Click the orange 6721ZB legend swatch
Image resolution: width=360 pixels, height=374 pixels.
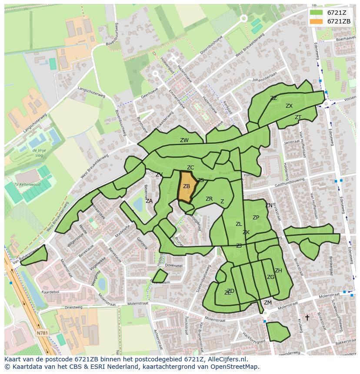pyautogui.click(x=317, y=21)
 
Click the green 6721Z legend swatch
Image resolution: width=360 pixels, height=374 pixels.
pyautogui.click(x=317, y=13)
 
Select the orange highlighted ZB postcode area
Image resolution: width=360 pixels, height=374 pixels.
pyautogui.click(x=187, y=187)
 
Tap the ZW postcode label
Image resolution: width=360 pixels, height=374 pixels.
pyautogui.click(x=184, y=140)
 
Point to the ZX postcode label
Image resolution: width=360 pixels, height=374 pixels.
pyautogui.click(x=289, y=106)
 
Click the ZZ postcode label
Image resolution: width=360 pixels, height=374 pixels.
pyautogui.click(x=273, y=98)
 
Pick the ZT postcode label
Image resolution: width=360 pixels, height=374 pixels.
pyautogui.click(x=298, y=117)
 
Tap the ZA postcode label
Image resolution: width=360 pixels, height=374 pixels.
pyautogui.click(x=149, y=201)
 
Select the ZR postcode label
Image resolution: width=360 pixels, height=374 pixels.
pyautogui.click(x=209, y=199)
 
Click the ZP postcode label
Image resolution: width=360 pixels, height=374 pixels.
pyautogui.click(x=256, y=218)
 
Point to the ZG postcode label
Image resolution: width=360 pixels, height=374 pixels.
pyautogui.click(x=270, y=277)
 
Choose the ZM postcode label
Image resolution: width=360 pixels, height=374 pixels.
pyautogui.click(x=268, y=303)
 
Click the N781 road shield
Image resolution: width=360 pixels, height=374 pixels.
pyautogui.click(x=42, y=333)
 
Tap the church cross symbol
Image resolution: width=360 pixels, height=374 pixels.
pyautogui.click(x=307, y=318)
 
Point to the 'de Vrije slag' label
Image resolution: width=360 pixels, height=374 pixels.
pyautogui.click(x=39, y=152)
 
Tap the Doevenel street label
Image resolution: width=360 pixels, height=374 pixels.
pyautogui.click(x=173, y=265)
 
